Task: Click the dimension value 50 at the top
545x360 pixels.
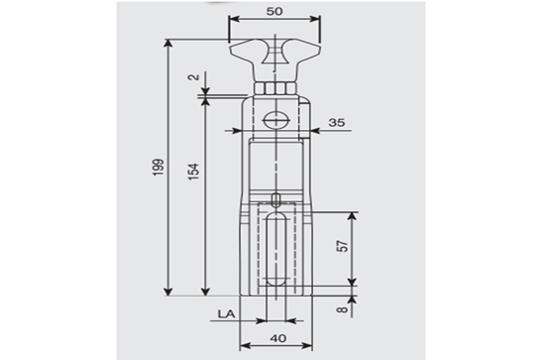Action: coord(274,12)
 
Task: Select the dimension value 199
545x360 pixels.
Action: coord(159,168)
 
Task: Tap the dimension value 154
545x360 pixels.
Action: coord(193,172)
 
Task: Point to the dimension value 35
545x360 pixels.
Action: coord(337,122)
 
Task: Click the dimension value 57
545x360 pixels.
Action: coord(343,246)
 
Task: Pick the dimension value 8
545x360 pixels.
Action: coord(343,308)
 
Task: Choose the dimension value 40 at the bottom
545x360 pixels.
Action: coord(278,338)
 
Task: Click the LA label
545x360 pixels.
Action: coord(226,314)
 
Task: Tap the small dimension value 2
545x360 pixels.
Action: coord(193,77)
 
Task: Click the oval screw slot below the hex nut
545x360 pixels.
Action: coord(276,121)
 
